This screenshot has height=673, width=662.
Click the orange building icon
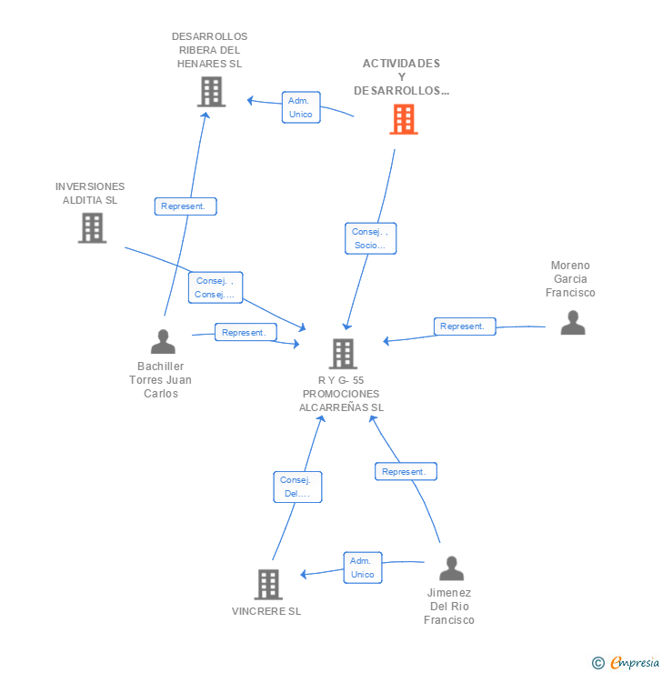click(x=403, y=119)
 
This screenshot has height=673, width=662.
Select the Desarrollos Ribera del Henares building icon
click(x=211, y=92)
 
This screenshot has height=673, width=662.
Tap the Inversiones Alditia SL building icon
click(x=92, y=228)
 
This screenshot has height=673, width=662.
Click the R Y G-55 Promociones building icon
click(x=343, y=354)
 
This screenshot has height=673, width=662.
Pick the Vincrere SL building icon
click(x=268, y=584)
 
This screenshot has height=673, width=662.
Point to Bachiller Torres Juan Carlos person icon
click(x=163, y=342)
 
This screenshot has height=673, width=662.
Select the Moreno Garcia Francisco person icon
click(x=573, y=323)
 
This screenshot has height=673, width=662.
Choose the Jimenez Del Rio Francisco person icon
click(x=451, y=568)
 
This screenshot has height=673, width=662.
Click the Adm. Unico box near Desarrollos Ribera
click(x=301, y=107)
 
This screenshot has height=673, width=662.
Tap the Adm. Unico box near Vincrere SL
click(x=362, y=568)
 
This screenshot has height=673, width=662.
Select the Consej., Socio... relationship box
click(x=370, y=238)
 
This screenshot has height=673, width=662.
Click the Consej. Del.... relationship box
click(x=297, y=487)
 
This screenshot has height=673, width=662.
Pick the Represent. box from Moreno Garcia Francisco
click(x=465, y=326)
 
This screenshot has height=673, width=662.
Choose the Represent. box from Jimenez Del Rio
click(x=406, y=471)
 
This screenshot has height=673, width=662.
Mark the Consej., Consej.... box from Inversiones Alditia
click(x=216, y=287)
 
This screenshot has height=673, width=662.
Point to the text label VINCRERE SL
click(x=266, y=611)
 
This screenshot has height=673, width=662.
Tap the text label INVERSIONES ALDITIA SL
click(x=90, y=193)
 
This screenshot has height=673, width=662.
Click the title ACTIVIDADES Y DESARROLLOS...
click(x=401, y=76)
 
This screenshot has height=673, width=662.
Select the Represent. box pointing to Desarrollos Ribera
click(x=186, y=206)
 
